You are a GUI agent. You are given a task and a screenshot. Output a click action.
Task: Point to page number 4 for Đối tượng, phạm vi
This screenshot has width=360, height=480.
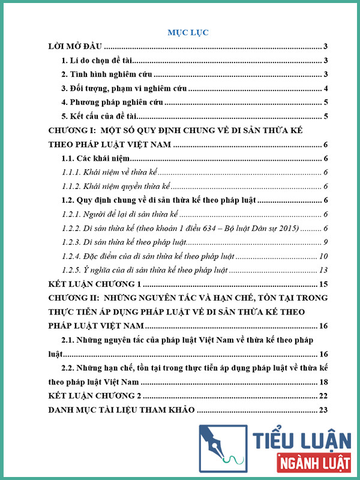pyautogui.click(x=325, y=89)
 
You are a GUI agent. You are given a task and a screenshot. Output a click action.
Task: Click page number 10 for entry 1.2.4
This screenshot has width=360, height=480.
pyautogui.click(x=322, y=256)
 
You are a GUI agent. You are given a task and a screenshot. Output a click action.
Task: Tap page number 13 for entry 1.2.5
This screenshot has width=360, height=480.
pyautogui.click(x=322, y=270)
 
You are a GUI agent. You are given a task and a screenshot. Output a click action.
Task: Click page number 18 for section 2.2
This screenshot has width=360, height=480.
pyautogui.click(x=322, y=382)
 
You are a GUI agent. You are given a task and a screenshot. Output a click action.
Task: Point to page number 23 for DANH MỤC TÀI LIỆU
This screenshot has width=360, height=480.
pyautogui.click(x=322, y=410)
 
